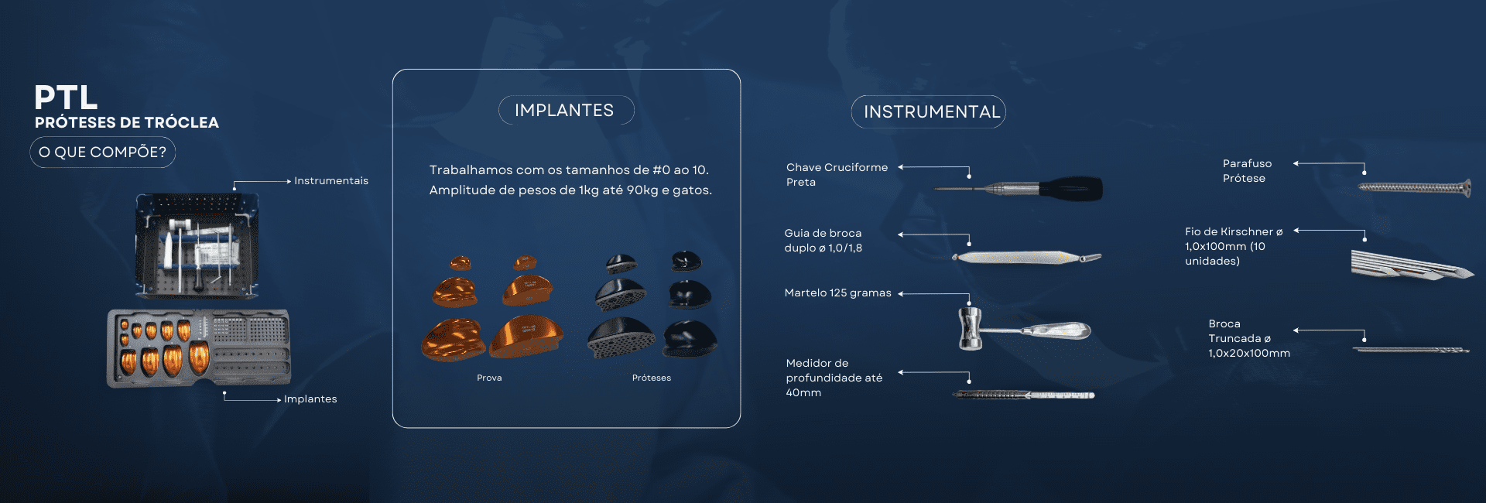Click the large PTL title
click(66, 98)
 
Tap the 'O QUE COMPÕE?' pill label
click(103, 152)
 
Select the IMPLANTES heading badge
click(566, 110)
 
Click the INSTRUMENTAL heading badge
click(929, 111)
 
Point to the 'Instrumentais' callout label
click(331, 180)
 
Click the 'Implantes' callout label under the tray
click(310, 399)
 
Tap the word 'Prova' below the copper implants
click(489, 378)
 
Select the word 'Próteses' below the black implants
click(652, 378)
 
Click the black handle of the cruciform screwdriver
click(1072, 188)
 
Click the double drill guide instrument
click(1026, 257)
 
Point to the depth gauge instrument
click(1023, 395)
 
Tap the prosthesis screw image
click(1414, 187)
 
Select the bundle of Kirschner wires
click(1412, 265)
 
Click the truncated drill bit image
click(1411, 350)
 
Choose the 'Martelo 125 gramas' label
click(837, 293)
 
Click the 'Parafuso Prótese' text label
click(1247, 171)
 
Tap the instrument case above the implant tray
click(197, 246)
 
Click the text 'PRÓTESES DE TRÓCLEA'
click(127, 122)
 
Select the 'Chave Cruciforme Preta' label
click(837, 175)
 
